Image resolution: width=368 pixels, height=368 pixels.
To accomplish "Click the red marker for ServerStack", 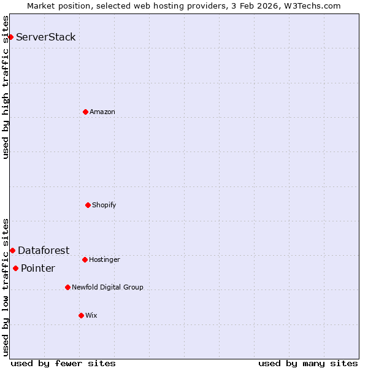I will pyautogui.click(x=10, y=37).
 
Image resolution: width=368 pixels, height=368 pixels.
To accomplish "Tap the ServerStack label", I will pyautogui.click(x=46, y=37).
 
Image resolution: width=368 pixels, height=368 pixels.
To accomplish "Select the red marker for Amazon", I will pyautogui.click(x=85, y=112).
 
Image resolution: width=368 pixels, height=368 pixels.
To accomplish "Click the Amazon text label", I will pyautogui.click(x=102, y=112).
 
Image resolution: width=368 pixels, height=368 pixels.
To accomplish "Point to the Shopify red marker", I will pyautogui.click(x=88, y=205).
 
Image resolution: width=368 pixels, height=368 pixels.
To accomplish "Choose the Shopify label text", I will pyautogui.click(x=104, y=205).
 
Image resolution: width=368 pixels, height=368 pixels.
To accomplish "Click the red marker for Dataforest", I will pyautogui.click(x=12, y=250).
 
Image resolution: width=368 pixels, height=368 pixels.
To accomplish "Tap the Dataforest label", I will pyautogui.click(x=44, y=250).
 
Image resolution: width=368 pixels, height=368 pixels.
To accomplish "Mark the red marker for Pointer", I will pyautogui.click(x=15, y=268).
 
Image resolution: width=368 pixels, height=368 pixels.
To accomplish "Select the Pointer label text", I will pyautogui.click(x=38, y=268).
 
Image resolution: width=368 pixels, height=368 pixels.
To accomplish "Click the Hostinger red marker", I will pyautogui.click(x=85, y=259).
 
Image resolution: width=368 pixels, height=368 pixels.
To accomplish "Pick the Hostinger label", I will pyautogui.click(x=104, y=259).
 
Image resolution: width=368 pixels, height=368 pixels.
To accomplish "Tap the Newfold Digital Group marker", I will pyautogui.click(x=67, y=287).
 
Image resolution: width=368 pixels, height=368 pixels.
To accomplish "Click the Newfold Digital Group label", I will pyautogui.click(x=107, y=287).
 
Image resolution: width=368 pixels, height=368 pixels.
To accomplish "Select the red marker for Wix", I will pyautogui.click(x=81, y=315).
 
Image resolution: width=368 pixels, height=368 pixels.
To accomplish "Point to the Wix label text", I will pyautogui.click(x=91, y=315).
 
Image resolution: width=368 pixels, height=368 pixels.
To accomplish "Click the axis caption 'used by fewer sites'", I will pyautogui.click(x=63, y=363).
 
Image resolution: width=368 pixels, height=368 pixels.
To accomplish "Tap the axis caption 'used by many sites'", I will pyautogui.click(x=308, y=363).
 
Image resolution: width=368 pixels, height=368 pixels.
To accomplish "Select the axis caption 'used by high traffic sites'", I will pyautogui.click(x=6, y=87).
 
